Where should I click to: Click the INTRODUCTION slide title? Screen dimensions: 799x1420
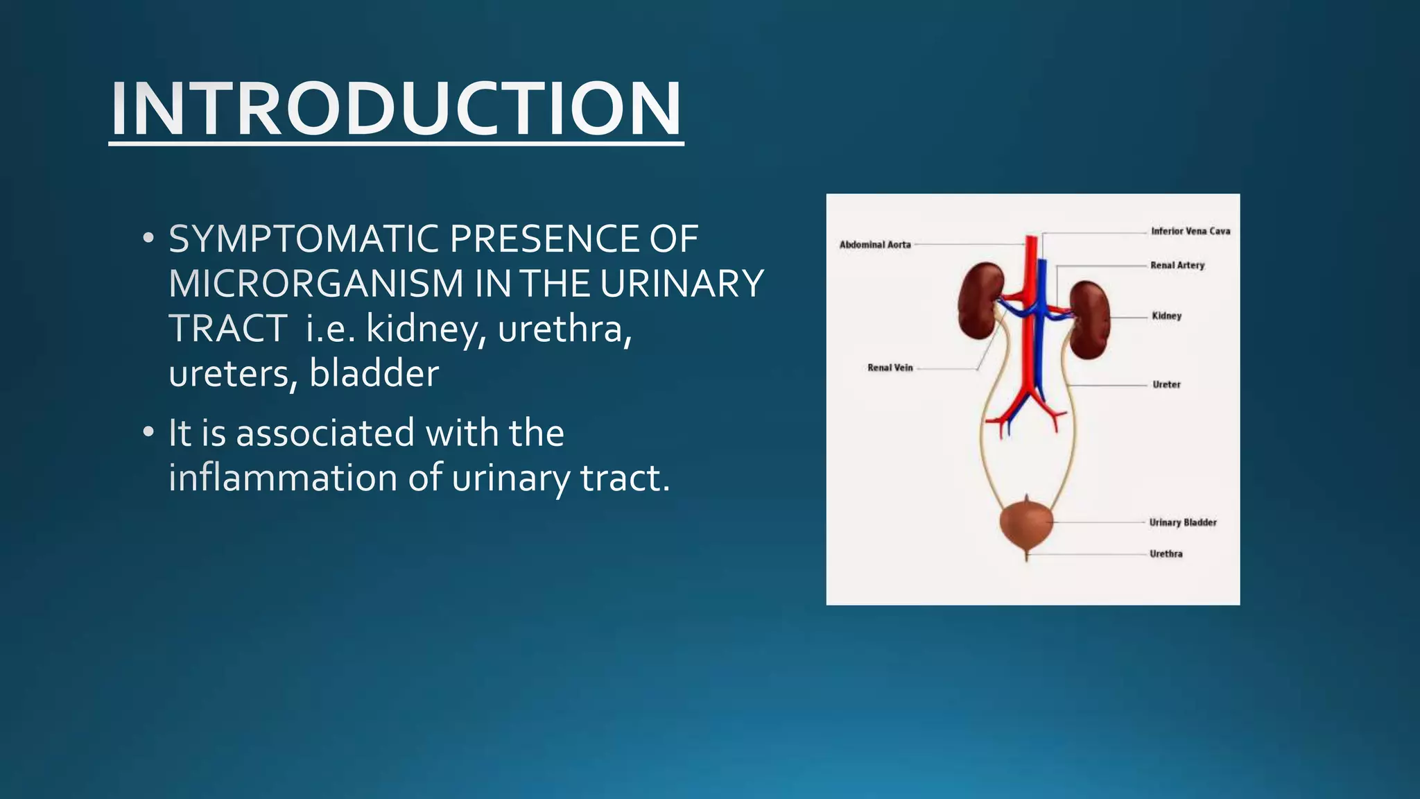396,109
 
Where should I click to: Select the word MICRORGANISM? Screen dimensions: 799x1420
315,284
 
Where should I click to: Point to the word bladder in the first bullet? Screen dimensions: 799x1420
374,373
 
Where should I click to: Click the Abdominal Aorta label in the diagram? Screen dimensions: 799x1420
875,245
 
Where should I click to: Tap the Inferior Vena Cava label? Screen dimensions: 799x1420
1190,231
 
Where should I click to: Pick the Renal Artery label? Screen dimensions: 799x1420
1177,265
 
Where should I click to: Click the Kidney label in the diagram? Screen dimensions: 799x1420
1166,316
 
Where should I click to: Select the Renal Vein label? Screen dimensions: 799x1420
890,368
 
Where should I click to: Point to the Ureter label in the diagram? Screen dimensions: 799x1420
1166,384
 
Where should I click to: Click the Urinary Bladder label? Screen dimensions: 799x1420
1182,522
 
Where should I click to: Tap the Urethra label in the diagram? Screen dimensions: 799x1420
1166,553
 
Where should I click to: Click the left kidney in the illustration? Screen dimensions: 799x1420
979,301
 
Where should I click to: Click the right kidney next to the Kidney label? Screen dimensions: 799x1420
1089,319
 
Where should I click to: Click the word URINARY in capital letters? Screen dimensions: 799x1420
682,284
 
